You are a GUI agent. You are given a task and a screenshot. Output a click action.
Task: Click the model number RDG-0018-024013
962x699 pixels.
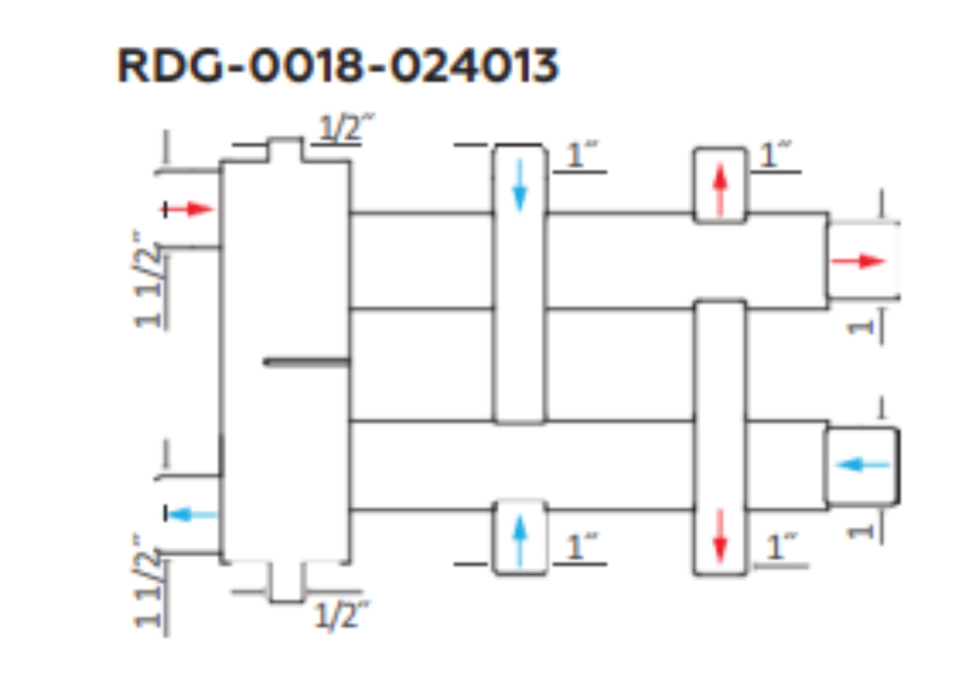coord(338,65)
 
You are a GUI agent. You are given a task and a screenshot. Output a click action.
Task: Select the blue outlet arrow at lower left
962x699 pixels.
coord(192,514)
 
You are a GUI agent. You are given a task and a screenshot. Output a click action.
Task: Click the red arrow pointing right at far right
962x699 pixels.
coord(859,261)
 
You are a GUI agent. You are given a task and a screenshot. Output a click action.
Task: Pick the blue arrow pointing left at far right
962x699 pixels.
coord(862,465)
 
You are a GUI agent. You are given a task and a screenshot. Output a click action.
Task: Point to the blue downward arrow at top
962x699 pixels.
coord(520,185)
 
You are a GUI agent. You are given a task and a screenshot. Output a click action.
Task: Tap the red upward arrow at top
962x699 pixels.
coord(720,190)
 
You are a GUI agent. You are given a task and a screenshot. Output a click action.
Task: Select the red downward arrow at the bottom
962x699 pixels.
coord(720,536)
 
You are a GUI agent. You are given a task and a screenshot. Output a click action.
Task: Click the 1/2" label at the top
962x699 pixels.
coord(346,127)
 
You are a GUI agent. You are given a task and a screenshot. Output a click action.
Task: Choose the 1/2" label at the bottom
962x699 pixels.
coord(341,615)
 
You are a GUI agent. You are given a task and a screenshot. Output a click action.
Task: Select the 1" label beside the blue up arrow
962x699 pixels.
coord(581,545)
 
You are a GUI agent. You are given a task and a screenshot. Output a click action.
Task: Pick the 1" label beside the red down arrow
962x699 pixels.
coord(782,546)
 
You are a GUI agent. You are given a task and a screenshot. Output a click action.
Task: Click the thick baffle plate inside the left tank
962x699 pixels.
coord(307,363)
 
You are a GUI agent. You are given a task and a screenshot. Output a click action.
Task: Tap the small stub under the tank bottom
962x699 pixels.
coord(287,582)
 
